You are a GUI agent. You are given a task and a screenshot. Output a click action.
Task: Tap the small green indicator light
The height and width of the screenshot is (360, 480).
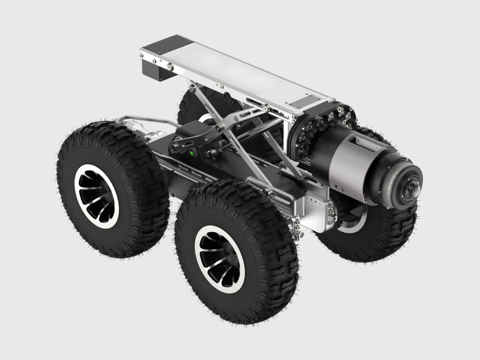pyautogui.click(x=191, y=152)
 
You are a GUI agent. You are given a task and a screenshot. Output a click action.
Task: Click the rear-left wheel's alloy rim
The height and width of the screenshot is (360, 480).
pyautogui.click(x=97, y=196)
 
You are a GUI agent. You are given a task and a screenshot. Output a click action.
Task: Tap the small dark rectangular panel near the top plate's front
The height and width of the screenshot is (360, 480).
pyautogui.click(x=304, y=101)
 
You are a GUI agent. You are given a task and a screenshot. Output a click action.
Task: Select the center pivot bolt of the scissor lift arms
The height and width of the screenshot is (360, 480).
pyautogui.click(x=218, y=128)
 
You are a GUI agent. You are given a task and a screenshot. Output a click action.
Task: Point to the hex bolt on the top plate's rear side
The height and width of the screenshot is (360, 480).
pyautogui.click(x=170, y=68)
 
